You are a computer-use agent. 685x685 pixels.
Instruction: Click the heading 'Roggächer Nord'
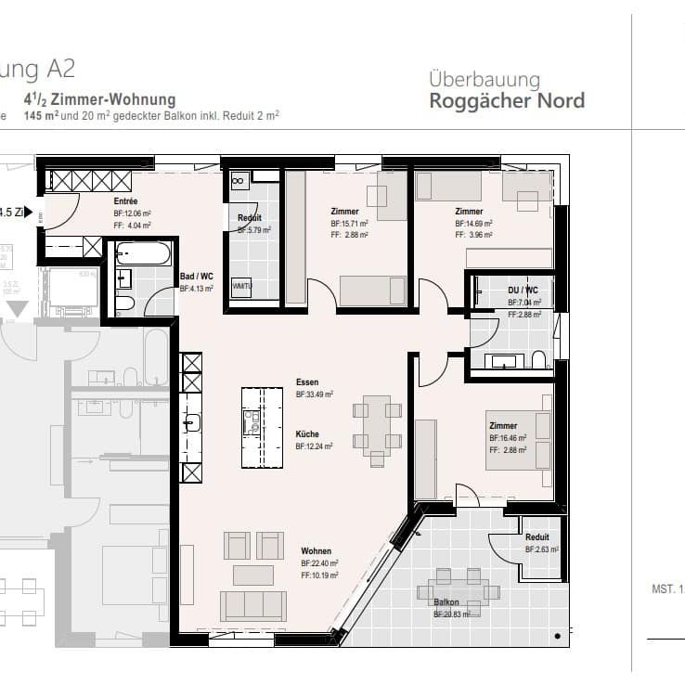507,100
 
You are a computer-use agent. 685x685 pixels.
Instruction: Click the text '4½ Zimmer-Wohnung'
99,99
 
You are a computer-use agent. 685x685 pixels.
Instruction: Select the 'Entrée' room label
126,201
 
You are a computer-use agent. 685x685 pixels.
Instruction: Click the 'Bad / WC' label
196,276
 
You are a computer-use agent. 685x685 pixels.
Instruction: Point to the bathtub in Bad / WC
142,253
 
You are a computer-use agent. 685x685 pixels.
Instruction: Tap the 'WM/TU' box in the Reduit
241,286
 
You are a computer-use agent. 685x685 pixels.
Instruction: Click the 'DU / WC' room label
523,291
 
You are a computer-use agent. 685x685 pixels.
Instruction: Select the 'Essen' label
307,382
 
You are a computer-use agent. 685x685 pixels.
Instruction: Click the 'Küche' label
308,433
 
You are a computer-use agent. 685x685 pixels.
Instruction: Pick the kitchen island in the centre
262,427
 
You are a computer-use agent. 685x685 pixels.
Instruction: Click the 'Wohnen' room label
316,551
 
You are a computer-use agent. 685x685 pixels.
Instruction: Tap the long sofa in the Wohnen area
252,605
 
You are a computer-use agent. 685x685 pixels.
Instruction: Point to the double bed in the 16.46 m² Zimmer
517,439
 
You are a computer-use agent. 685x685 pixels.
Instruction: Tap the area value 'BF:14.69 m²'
473,224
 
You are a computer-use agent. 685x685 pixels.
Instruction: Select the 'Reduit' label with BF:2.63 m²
536,537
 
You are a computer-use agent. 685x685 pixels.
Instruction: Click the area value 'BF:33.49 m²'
315,394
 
